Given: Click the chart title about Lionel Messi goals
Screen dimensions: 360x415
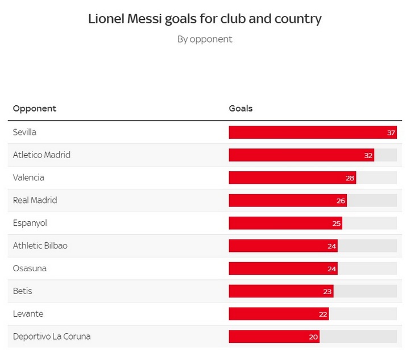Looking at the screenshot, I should (205, 19).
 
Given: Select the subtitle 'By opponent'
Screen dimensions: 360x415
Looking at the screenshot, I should (205, 39).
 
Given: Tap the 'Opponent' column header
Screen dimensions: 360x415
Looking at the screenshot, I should (35, 109).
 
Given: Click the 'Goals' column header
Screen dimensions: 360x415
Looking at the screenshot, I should (240, 109).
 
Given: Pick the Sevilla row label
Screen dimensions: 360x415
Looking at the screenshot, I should (24, 132).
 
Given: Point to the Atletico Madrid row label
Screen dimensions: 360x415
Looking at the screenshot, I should (42, 155).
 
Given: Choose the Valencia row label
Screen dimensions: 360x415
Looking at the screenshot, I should (28, 177).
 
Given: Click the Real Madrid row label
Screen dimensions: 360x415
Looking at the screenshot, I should (35, 200).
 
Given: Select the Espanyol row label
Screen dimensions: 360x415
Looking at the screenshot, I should (30, 223).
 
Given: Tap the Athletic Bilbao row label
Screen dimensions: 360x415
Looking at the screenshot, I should (40, 246).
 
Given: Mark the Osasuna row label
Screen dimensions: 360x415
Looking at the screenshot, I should (30, 268).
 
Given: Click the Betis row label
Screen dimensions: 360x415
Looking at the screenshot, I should (23, 291).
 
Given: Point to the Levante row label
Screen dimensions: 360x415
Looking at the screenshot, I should (28, 314).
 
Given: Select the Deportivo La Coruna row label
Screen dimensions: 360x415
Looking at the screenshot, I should (52, 337).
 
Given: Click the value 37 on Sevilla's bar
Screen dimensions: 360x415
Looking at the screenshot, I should (391, 133).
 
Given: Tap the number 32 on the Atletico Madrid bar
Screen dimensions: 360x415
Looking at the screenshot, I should (368, 155).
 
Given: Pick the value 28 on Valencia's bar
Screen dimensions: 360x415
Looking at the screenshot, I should (350, 178).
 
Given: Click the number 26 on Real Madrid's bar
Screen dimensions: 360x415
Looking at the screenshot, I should (341, 201).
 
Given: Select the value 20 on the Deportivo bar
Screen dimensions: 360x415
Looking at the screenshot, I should (313, 337).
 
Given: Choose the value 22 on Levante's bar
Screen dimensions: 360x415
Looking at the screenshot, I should (323, 315).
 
